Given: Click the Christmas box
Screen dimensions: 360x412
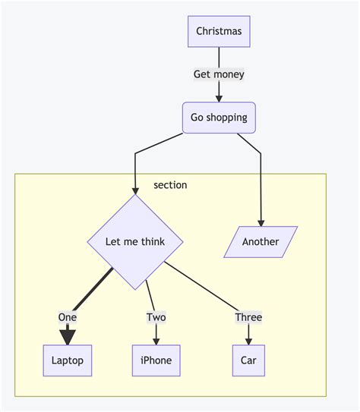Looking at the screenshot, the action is click(x=219, y=32).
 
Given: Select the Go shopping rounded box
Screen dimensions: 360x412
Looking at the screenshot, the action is click(x=219, y=118).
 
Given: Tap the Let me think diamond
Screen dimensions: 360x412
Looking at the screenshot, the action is click(x=135, y=242).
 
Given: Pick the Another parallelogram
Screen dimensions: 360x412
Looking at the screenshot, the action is click(x=261, y=242).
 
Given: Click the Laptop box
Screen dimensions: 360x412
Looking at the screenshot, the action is click(x=68, y=360).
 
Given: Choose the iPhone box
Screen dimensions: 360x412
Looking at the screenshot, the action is click(x=156, y=360).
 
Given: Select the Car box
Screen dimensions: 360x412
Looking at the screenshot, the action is click(x=248, y=360).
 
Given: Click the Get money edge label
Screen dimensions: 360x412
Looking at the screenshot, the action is click(x=219, y=74).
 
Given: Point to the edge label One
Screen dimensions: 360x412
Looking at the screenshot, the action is click(x=68, y=317).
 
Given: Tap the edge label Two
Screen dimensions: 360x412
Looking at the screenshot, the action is click(x=156, y=317).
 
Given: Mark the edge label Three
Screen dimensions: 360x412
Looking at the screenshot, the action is click(x=248, y=317).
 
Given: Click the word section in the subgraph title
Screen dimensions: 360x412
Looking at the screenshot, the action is click(x=170, y=185).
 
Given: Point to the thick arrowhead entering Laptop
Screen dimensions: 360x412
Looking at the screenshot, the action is click(x=68, y=338).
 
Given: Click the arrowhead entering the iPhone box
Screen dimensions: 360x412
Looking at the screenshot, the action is click(x=156, y=341).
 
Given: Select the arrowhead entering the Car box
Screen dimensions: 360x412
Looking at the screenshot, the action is click(x=248, y=341).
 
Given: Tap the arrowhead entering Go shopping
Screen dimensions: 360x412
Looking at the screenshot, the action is click(x=219, y=99).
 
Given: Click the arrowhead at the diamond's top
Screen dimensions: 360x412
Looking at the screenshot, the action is click(x=135, y=190).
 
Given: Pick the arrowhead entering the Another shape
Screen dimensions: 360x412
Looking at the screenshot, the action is click(x=261, y=223).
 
